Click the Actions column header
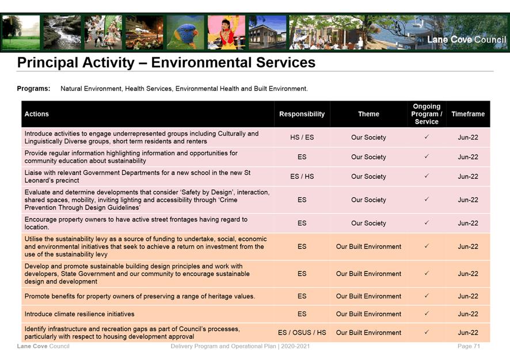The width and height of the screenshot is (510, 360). pos(37,114)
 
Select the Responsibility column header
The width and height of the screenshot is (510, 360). pos(302,114)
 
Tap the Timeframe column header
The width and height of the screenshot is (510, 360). pos(467,114)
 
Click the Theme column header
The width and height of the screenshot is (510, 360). pos(368,114)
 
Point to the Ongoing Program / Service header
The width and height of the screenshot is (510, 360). pos(426,114)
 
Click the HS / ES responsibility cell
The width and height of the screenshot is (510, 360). pos(302,137)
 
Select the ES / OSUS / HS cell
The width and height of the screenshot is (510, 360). pos(302,332)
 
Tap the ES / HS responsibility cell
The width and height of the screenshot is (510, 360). pos(302,177)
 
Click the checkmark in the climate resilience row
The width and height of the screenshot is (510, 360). pos(426,314)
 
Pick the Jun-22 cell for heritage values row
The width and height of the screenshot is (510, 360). pos(467,296)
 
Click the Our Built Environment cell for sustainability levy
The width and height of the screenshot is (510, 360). pos(368,246)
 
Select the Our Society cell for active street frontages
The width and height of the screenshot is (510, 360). pos(368,223)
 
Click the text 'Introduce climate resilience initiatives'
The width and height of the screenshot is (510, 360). pos(79,314)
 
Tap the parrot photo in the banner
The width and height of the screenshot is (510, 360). pos(185,32)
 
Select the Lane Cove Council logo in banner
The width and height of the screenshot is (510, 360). pos(466,40)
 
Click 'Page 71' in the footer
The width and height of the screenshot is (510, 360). pos(469,346)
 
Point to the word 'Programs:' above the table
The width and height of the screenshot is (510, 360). pos(33,89)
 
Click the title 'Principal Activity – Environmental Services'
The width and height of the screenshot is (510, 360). pos(166,62)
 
